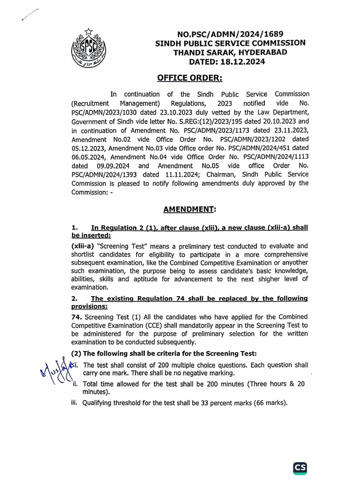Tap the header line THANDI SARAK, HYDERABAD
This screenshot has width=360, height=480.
(x=227, y=52)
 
